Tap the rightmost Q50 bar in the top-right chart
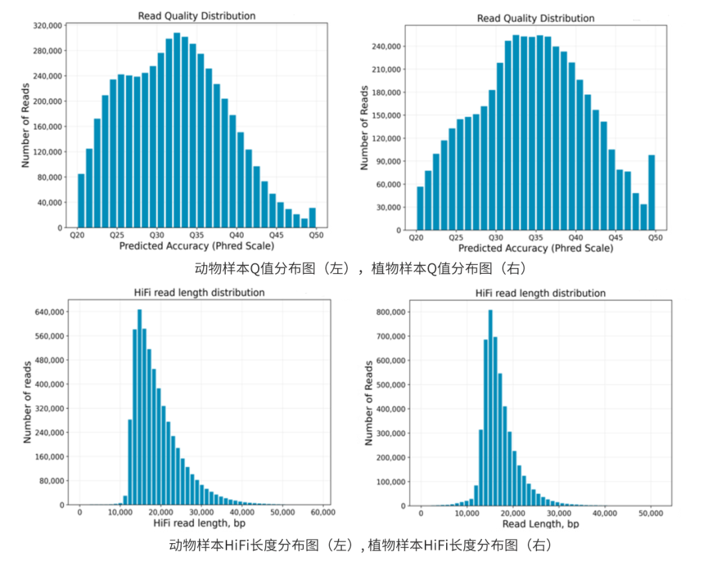tap(651, 192)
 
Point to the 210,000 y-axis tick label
tap(386, 70)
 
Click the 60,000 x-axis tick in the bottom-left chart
tap(323, 513)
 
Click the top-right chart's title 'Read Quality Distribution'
tap(535, 18)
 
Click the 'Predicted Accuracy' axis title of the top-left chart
tap(196, 246)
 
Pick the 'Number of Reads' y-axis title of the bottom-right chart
tap(369, 403)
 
